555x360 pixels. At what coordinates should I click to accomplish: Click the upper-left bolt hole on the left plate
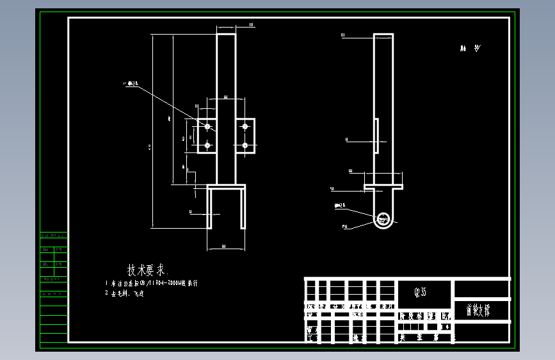tap(207, 127)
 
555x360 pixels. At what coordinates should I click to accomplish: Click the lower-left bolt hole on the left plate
tap(207, 146)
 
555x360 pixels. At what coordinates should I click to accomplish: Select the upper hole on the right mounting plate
tap(245, 127)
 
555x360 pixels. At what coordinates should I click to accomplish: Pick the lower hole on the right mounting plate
tap(245, 146)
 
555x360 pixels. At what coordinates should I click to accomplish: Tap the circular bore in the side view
tap(384, 219)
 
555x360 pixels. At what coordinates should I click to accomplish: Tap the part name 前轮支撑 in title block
tap(479, 310)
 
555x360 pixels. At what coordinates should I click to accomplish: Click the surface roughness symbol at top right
tap(469, 49)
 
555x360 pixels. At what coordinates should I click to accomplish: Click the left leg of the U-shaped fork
tap(210, 208)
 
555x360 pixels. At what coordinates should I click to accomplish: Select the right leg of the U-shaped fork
tap(243, 208)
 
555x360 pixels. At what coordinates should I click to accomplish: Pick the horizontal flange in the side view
tap(383, 187)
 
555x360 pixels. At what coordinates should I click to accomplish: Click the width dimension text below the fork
tap(224, 246)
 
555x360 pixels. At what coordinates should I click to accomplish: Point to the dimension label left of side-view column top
tap(343, 35)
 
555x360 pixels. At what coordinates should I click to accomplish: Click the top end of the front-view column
tap(226, 35)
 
